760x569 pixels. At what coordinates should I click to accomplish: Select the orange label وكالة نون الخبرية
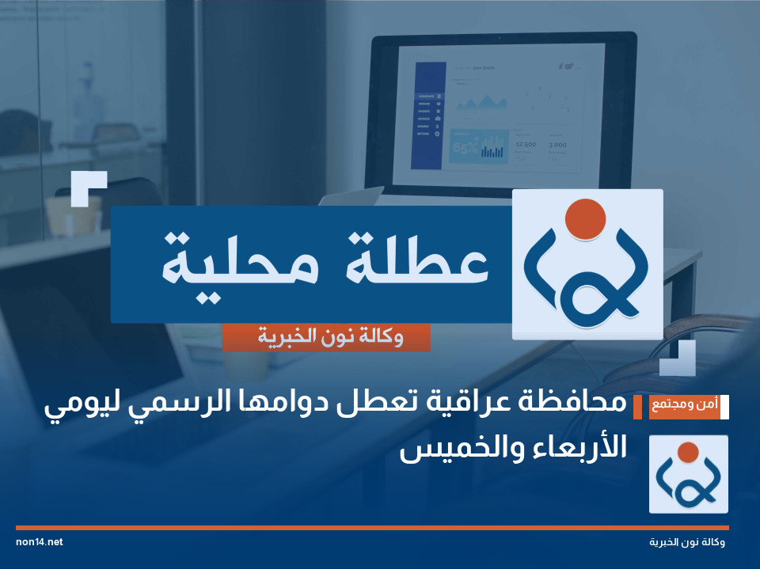pyautogui.click(x=327, y=338)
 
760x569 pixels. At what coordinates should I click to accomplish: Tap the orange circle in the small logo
pyautogui.click(x=688, y=453)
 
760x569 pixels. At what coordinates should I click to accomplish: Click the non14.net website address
pyautogui.click(x=39, y=542)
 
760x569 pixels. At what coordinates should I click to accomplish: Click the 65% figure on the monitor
pyautogui.click(x=463, y=147)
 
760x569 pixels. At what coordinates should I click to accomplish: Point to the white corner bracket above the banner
pyautogui.click(x=88, y=188)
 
